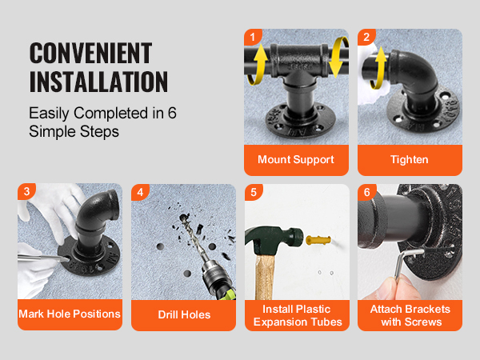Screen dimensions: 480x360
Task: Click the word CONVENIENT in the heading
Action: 90,53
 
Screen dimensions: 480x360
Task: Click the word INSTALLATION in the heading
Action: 98,82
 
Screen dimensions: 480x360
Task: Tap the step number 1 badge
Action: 253,37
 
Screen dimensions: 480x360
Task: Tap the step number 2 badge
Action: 366,37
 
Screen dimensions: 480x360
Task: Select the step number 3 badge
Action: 26,191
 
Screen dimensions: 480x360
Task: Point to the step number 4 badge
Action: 140,192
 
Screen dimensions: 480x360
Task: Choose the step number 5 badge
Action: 254,192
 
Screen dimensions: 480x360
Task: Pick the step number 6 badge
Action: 366,192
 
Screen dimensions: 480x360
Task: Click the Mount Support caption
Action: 296,160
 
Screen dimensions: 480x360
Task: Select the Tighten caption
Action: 410,160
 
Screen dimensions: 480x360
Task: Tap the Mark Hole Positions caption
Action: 70,314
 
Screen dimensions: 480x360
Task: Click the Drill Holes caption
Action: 184,314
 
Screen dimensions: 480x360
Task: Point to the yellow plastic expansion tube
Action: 318,240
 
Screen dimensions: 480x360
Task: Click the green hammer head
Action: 274,241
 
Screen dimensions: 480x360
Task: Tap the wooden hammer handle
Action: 265,277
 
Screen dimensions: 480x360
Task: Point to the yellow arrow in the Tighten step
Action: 378,68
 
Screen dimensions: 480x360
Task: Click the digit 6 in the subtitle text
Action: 172,113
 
